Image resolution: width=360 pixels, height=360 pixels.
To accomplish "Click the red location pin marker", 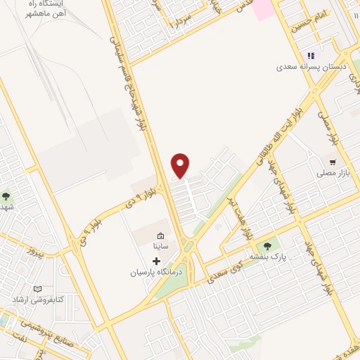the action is pyautogui.click(x=181, y=165).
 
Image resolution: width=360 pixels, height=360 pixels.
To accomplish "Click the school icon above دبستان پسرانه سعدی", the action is pyautogui.click(x=310, y=56).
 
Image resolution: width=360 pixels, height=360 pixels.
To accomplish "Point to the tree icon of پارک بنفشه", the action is pyautogui.click(x=266, y=245).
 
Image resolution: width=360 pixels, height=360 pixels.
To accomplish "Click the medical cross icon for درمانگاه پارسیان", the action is pyautogui.click(x=156, y=261).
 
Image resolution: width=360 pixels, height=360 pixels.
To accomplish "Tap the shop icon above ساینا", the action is pyautogui.click(x=160, y=236).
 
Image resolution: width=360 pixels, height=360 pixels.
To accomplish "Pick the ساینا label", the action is pyautogui.click(x=160, y=247).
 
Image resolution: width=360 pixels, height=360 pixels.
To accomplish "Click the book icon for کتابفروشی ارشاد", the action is pyautogui.click(x=37, y=288).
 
